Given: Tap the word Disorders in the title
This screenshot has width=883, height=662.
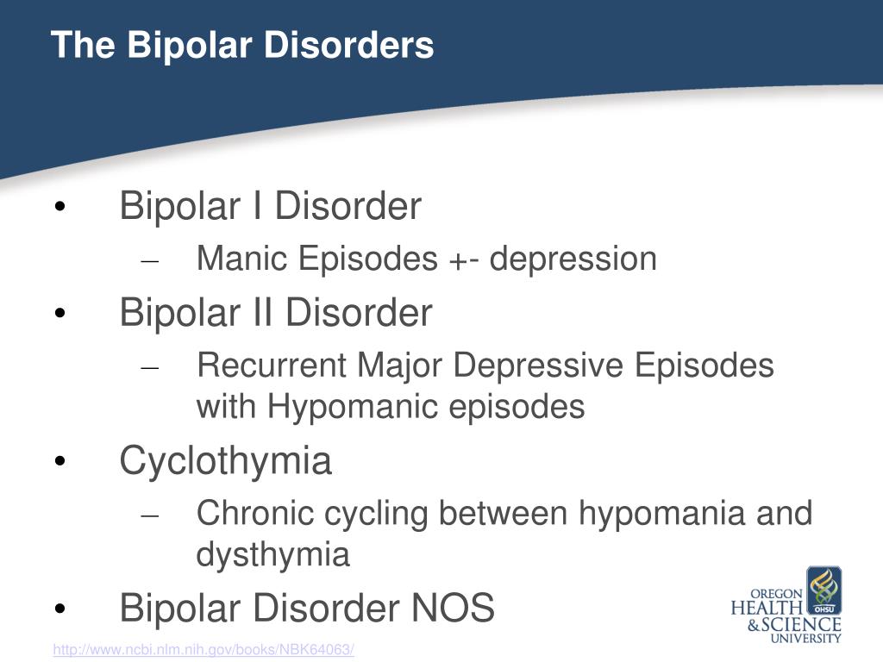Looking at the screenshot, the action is (348, 45).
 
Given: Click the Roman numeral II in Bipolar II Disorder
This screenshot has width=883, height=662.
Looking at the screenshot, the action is (262, 312).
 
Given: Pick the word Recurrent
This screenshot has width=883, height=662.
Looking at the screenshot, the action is (272, 365).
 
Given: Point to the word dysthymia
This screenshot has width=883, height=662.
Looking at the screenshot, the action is (272, 554).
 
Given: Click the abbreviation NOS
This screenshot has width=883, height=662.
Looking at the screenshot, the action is (453, 608).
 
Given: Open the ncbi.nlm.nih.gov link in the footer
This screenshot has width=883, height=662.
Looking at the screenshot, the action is (204, 650).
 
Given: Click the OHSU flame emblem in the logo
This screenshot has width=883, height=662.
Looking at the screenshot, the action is (824, 590).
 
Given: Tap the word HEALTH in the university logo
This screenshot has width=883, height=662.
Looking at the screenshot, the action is (767, 609).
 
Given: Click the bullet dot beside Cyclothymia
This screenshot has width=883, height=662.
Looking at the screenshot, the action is (60, 461).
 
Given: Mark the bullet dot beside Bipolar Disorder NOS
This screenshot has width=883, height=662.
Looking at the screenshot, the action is (60, 609).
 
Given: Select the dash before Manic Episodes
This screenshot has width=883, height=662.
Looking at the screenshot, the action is (150, 261).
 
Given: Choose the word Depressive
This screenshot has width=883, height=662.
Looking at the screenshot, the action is (538, 365).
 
